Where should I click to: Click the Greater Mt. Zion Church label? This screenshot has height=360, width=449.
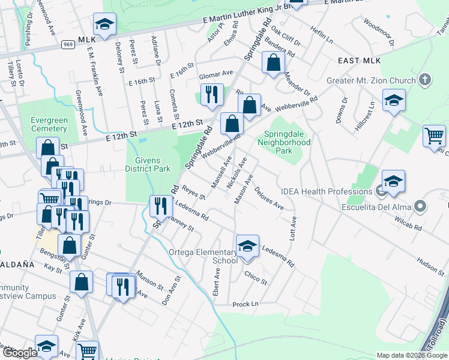click(x=371, y=80)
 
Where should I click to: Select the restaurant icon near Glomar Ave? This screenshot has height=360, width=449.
click(x=212, y=95)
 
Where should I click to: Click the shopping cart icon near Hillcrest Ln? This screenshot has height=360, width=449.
click(x=434, y=135)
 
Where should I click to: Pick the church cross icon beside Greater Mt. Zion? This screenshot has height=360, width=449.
click(x=424, y=80)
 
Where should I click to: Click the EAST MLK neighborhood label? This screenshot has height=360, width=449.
click(x=357, y=61)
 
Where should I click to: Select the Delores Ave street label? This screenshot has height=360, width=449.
click(x=269, y=197)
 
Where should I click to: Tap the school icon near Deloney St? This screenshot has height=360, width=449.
click(x=105, y=25)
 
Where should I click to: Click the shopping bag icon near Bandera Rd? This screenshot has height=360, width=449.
click(x=273, y=63)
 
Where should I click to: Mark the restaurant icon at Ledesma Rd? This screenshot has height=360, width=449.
click(x=160, y=206)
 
